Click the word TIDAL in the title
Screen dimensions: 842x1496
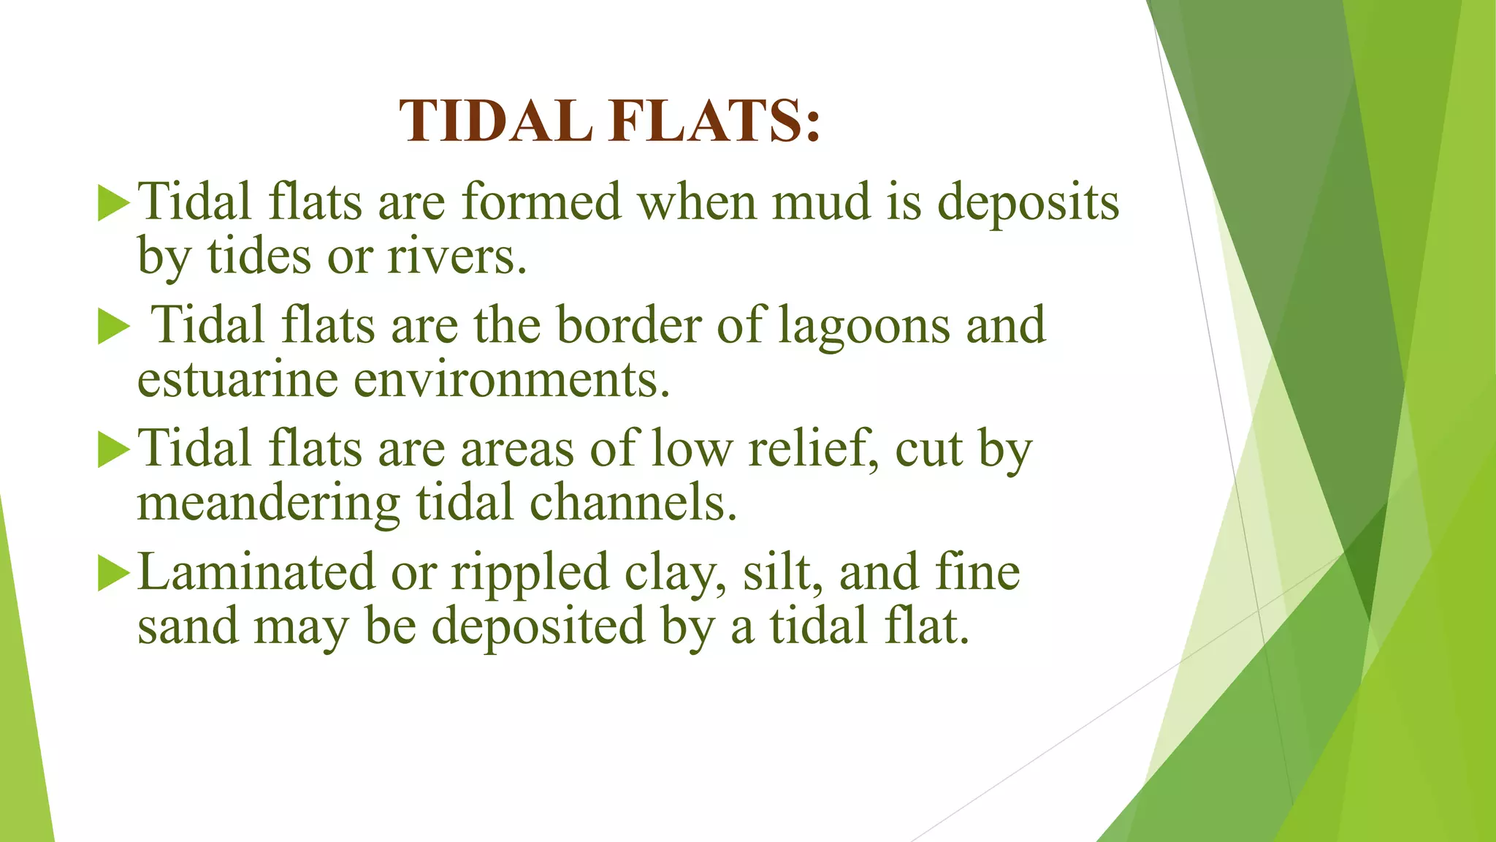[495, 121]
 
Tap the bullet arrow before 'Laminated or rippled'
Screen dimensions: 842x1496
[113, 573]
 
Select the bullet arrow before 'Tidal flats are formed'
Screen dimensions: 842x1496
[113, 202]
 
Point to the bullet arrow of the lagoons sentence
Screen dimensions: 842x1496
[113, 326]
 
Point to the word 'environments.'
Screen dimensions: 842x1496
[511, 380]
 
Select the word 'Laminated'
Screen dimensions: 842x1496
[256, 572]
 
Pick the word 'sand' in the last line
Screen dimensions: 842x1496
[188, 627]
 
